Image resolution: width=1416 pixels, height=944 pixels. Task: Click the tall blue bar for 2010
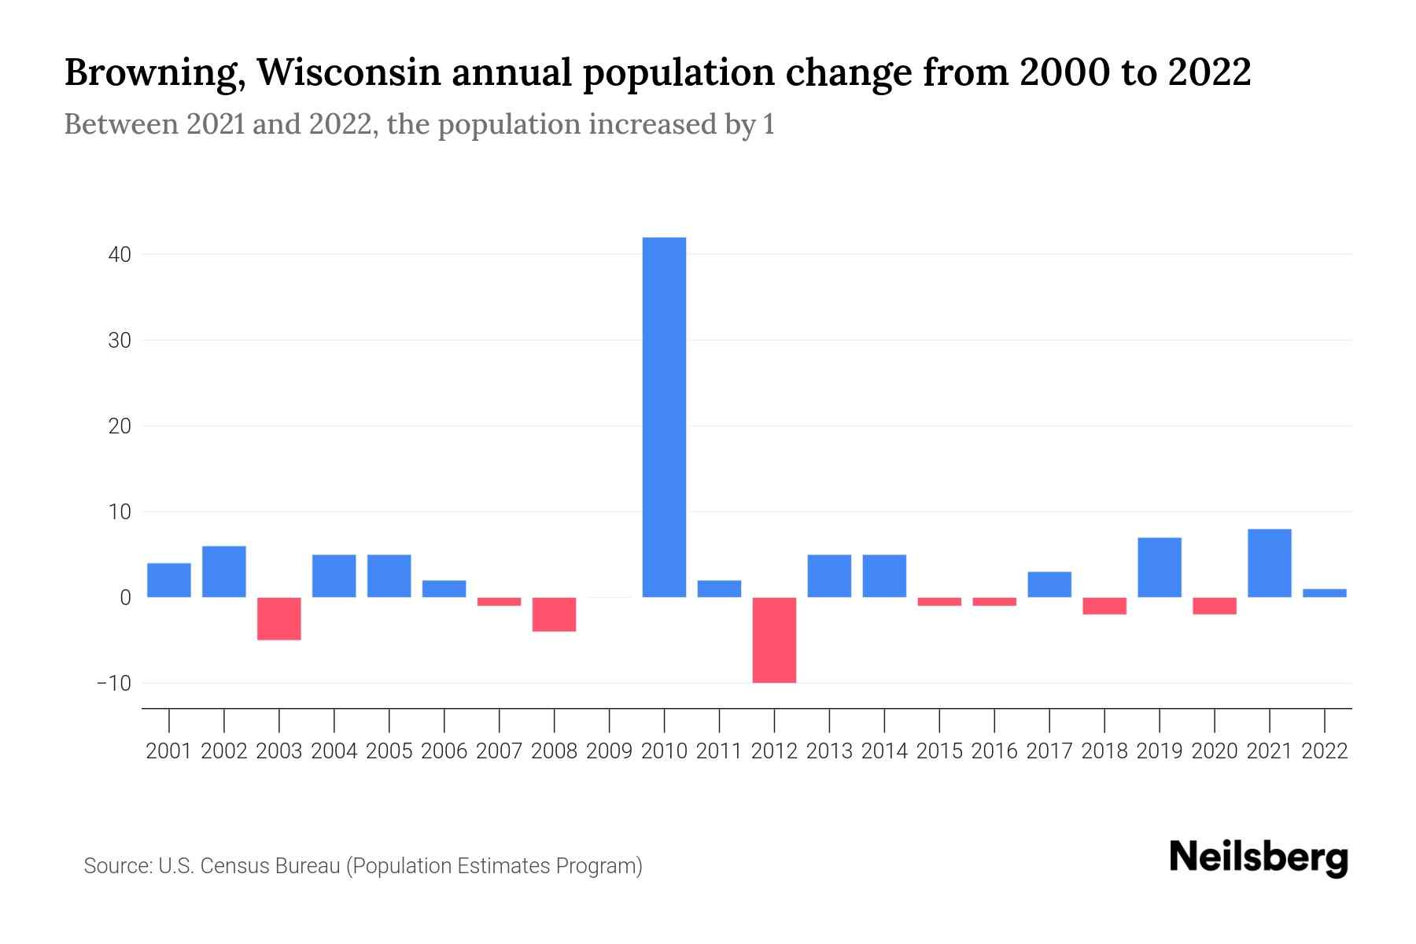664,417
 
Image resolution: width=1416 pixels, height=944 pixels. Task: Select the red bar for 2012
774,640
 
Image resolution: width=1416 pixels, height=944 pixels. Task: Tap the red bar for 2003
279,618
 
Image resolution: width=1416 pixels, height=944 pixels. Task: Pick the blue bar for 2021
1269,563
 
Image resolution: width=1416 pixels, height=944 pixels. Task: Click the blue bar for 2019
1160,567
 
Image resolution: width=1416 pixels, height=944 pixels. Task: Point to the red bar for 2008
554,614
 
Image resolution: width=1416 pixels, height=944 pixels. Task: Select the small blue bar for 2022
1325,593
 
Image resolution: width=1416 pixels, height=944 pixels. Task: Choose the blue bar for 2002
224,572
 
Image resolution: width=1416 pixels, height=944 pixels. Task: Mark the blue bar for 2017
1049,584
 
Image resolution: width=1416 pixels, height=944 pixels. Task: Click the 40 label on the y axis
120,255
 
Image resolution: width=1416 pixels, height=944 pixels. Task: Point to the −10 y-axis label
114,683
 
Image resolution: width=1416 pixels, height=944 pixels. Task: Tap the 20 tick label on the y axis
120,426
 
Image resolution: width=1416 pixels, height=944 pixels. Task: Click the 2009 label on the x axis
609,751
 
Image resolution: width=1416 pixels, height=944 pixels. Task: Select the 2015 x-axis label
939,751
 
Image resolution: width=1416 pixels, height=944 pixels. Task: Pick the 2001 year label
169,751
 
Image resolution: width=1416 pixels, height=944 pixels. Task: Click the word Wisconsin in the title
351,73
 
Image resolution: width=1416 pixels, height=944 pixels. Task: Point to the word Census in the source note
233,866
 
